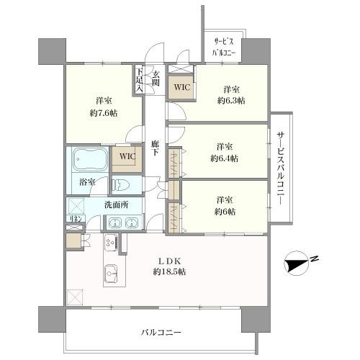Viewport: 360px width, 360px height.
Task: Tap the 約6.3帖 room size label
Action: [230, 101]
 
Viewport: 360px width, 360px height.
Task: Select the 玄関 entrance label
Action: [155, 76]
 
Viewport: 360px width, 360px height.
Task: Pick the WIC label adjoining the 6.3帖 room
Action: [179, 87]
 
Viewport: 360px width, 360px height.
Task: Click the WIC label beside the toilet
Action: [127, 156]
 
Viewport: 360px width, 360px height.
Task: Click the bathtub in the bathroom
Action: [89, 159]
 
